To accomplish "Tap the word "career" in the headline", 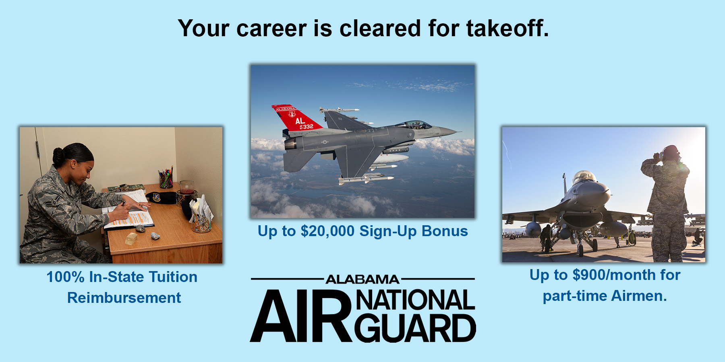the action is tap(271, 29).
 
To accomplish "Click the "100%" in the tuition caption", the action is tap(65, 277).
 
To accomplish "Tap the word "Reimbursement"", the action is tap(124, 298).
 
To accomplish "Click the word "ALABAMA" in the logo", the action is tap(362, 279).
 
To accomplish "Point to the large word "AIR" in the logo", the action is tap(300, 316).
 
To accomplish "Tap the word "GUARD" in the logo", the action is tap(415, 328).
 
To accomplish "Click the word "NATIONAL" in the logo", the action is tap(415, 300).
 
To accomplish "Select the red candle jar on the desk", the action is tap(186, 188).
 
